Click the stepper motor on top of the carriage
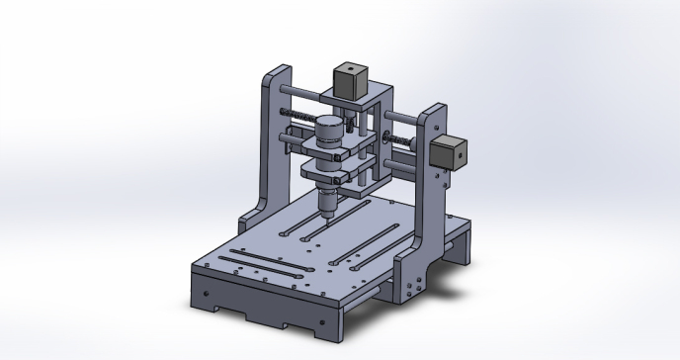pyautogui.click(x=350, y=80)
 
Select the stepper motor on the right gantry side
pyautogui.click(x=450, y=152)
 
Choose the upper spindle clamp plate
pyautogui.click(x=331, y=145)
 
